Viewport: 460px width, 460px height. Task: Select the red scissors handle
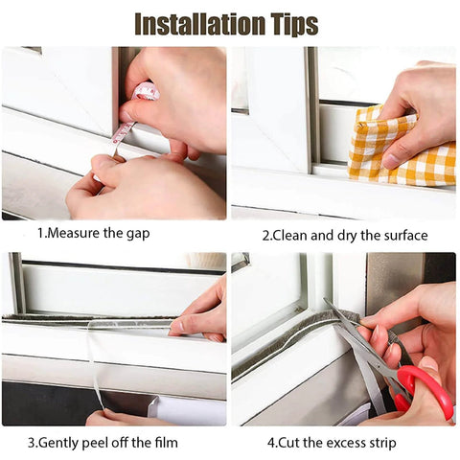tap(426, 389)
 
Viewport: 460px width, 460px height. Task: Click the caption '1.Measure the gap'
tap(93, 232)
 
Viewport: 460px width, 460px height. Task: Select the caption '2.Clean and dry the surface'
tap(345, 234)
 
